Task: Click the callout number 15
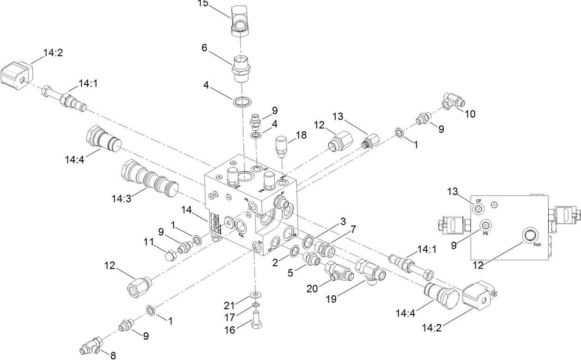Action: tap(202, 4)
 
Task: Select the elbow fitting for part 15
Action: tap(242, 23)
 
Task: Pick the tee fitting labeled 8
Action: tap(93, 344)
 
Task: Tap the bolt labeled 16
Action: tap(257, 320)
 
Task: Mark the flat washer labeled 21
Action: tap(254, 295)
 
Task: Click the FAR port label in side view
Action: tap(538, 244)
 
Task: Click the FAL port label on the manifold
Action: tap(241, 235)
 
